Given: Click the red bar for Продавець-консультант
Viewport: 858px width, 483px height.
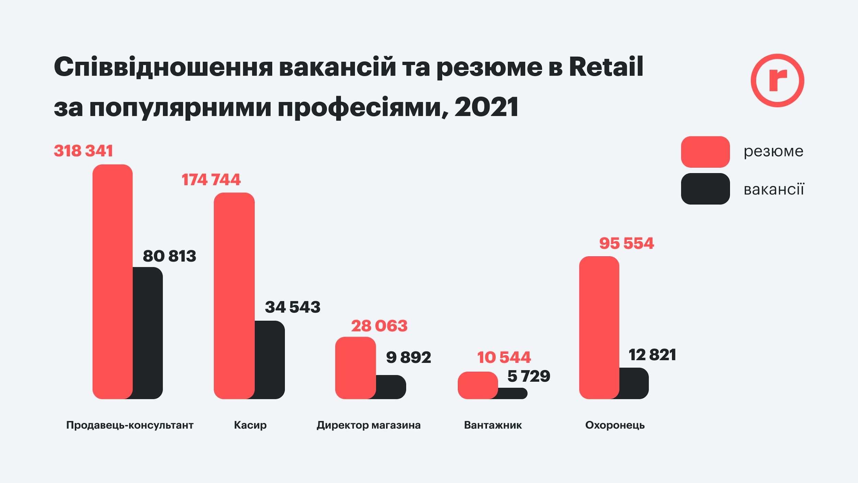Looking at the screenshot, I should point(113,282).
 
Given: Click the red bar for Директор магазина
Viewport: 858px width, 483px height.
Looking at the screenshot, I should point(355,368).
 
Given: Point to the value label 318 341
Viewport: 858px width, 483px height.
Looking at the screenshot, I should point(83,151).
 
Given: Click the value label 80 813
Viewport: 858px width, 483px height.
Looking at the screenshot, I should point(170,256).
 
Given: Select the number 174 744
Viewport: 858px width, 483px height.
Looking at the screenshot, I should point(211,180).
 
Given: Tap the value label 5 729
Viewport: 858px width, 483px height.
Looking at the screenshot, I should point(529,376).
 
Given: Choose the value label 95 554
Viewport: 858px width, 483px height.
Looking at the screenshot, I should point(626,243).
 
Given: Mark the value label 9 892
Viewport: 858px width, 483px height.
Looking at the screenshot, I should point(408,357).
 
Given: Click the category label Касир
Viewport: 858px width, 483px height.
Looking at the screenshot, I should point(250,425).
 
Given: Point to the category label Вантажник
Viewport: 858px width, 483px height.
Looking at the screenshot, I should point(493,425).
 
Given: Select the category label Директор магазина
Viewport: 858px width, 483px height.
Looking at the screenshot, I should point(369,425).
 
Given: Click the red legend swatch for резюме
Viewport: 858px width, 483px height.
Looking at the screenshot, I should point(705,152).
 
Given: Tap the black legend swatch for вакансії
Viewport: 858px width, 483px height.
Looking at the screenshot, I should point(705,189).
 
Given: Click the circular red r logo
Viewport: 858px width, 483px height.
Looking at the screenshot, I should point(777,80).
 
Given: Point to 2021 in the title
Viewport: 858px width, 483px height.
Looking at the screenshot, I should point(486,107).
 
